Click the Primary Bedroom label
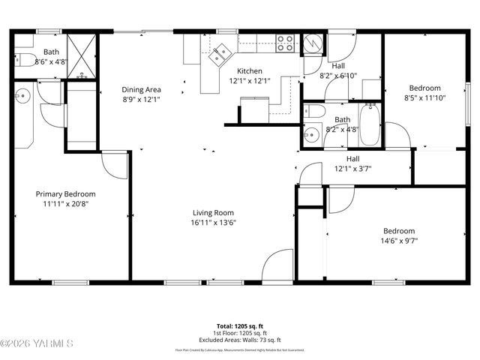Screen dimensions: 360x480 66,193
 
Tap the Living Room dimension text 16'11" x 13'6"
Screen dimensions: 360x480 213,222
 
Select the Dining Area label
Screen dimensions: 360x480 142,89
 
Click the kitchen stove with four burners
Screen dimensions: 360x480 285,43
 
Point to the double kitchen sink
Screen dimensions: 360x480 220,55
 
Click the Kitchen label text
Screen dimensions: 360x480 249,71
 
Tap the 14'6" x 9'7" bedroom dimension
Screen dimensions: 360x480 398,241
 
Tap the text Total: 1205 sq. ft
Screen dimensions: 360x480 239,326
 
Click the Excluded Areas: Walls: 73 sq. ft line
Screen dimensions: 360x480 239,339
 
